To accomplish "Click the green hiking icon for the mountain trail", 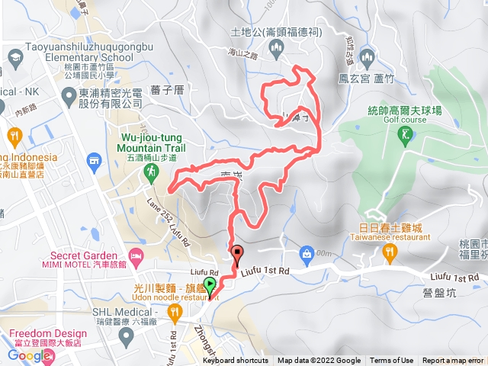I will pos(152,174).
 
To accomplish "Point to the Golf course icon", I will pos(405,135).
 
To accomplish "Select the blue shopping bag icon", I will pos(307,252).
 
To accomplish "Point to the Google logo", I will pos(29,355).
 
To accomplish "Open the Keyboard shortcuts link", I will pos(236,361).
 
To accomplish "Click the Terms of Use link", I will pos(391,361).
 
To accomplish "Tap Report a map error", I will pos(453,361).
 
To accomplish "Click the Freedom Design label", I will pos(45,334).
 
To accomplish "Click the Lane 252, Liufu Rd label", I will pos(163,218).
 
